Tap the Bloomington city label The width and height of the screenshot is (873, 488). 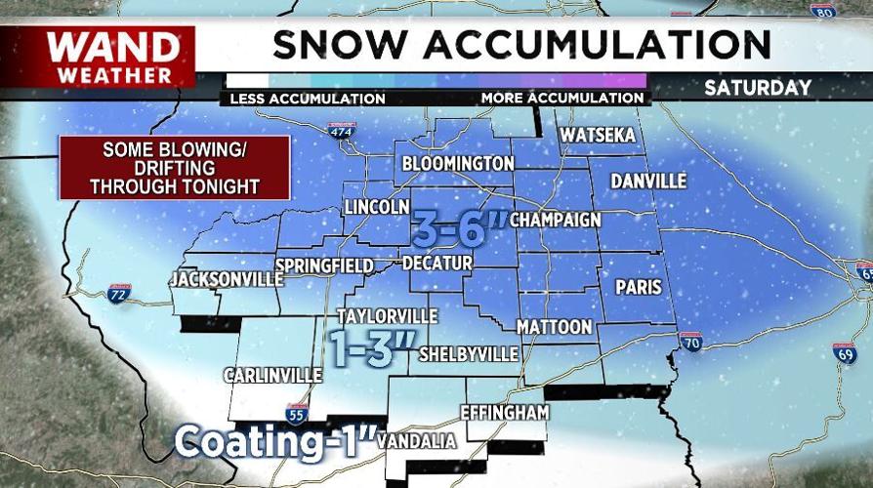pos(457,163)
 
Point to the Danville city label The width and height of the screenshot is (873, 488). pos(648,182)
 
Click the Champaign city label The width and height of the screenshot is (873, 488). pos(556,220)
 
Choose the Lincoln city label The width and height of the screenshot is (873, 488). pos(376,208)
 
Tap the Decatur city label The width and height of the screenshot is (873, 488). pos(437,264)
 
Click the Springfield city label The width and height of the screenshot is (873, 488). pos(324,265)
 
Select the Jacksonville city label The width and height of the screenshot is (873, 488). pos(219,280)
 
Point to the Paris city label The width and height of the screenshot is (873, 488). pos(639,288)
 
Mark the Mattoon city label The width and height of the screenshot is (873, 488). pos(555,326)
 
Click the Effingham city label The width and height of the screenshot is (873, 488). pos(504,413)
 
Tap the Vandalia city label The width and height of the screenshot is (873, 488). pos(416,442)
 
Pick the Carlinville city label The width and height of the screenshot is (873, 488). pos(272,375)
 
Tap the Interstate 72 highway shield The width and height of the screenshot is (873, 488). pos(117,293)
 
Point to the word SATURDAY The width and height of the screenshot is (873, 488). pos(758,88)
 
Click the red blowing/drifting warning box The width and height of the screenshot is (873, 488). pos(175,168)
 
